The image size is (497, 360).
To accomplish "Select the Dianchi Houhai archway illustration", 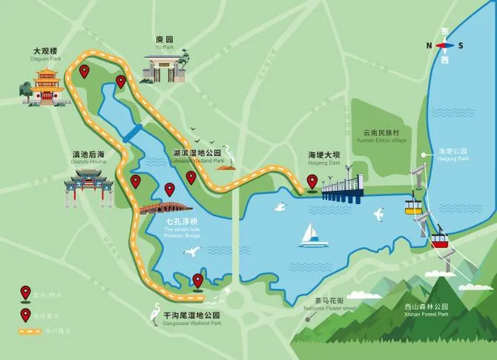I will [x=89, y=187].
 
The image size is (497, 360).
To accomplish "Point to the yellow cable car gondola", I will [x=412, y=205].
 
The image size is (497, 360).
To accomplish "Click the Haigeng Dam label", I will [x=323, y=158].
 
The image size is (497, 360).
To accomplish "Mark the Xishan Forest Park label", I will [x=427, y=310].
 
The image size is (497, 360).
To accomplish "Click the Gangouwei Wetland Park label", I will [x=191, y=318].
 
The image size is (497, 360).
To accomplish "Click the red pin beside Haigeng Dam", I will [x=313, y=180].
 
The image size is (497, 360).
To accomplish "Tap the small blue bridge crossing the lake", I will [x=134, y=134].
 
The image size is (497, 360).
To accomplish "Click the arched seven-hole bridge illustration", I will [x=163, y=207].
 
